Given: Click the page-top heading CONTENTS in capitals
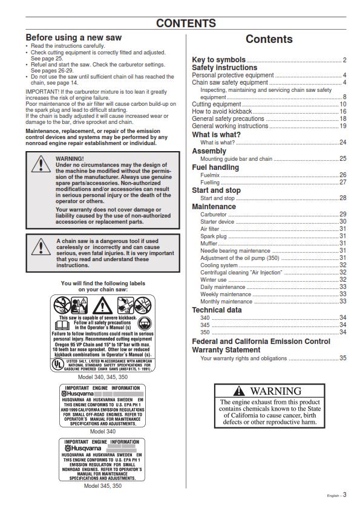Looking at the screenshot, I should [x=186, y=24].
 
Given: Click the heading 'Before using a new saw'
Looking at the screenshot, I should [x=73, y=37].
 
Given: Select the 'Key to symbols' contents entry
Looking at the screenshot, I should [x=218, y=59].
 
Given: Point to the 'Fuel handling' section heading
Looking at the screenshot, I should [x=215, y=167].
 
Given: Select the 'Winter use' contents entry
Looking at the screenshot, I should [x=213, y=279].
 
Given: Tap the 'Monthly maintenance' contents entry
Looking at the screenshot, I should [x=226, y=301].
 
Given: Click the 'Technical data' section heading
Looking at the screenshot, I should [x=217, y=310].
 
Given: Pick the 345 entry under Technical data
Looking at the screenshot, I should [x=205, y=325].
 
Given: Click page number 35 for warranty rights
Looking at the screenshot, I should [x=342, y=358].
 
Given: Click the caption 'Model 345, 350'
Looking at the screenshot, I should [x=102, y=485].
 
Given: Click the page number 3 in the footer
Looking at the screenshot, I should [x=345, y=494].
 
